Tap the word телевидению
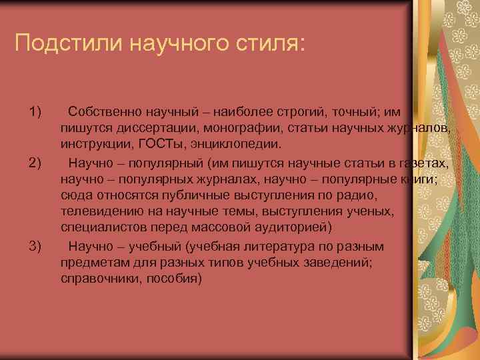(x=101, y=213)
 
